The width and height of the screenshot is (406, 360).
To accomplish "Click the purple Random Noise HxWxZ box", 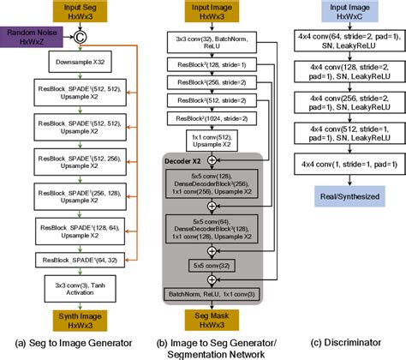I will [x=31, y=36].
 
